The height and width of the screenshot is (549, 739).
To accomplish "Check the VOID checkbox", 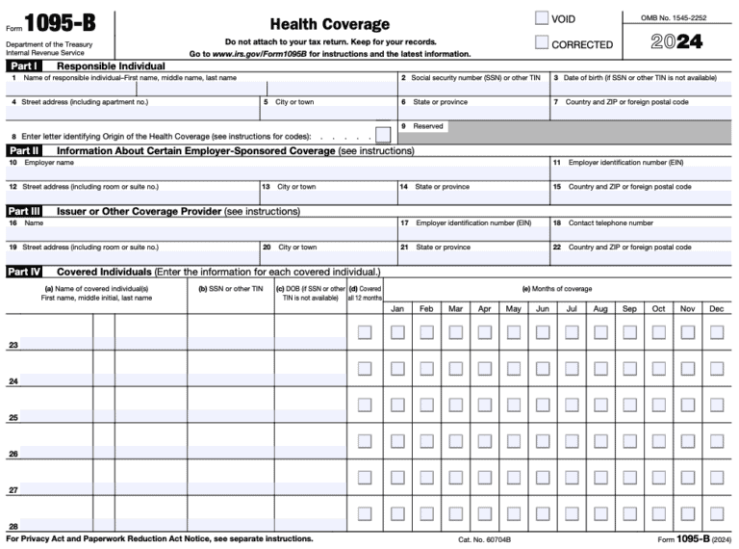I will [542, 18].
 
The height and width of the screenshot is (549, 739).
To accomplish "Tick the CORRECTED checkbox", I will [542, 43].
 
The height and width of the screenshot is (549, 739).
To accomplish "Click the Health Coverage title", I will [329, 24].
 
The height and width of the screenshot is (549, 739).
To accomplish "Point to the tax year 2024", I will [676, 42].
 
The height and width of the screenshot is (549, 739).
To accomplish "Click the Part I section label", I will [23, 65].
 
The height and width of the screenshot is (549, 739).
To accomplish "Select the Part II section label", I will [24, 151].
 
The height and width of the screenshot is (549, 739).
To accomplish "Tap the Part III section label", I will [25, 211].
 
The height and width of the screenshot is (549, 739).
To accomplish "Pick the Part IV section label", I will [25, 272].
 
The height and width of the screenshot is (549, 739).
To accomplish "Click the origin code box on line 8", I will [383, 136].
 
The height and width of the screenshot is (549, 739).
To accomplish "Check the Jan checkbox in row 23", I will [397, 332].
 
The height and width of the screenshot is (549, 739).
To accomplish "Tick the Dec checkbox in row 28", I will [717, 513].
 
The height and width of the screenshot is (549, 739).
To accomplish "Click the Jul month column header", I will [572, 309].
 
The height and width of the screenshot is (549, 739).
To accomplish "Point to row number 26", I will [13, 454].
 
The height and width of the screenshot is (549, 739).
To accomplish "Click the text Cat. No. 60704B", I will [484, 540].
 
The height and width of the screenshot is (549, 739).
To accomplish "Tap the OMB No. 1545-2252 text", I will [678, 17].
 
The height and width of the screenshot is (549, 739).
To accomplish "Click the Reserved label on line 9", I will [428, 126].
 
